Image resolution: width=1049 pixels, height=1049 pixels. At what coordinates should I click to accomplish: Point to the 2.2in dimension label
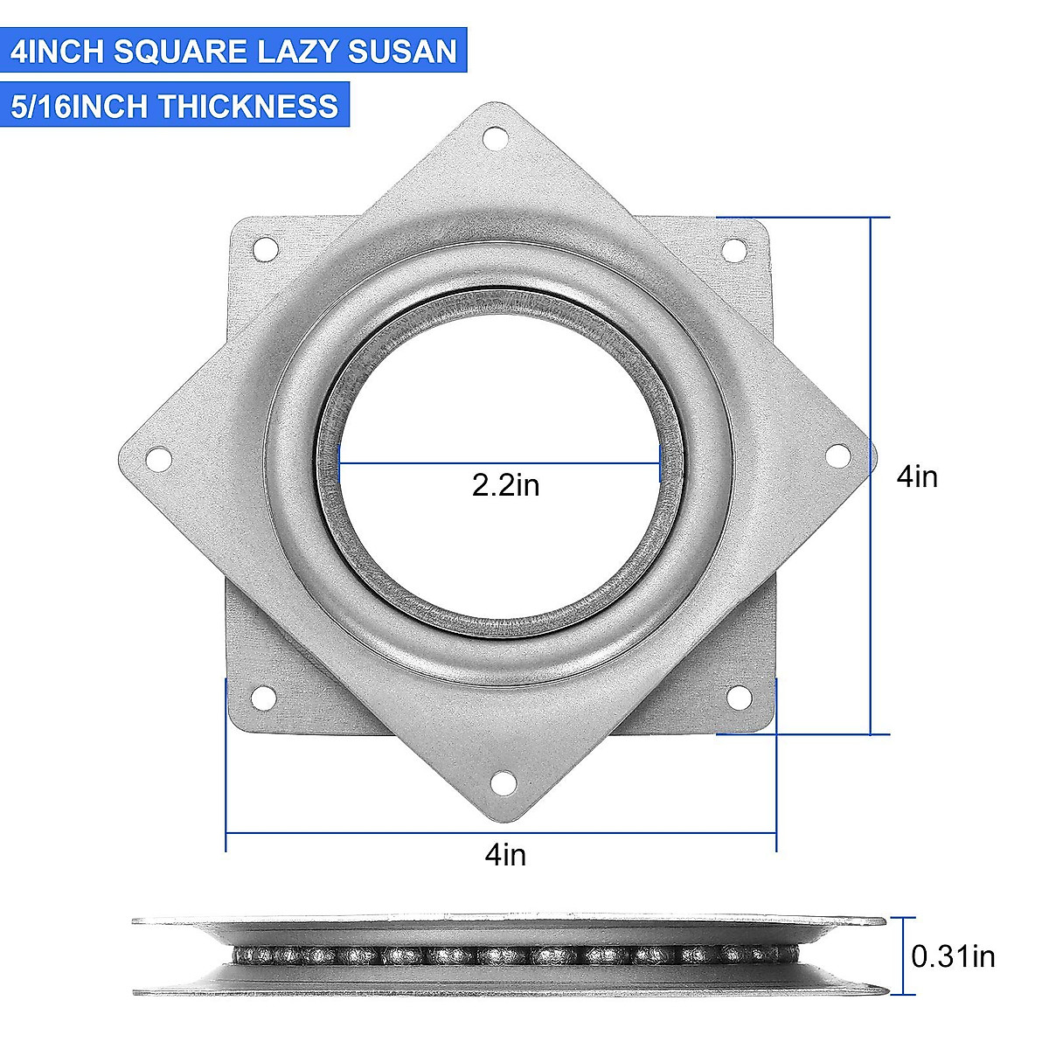point(505,484)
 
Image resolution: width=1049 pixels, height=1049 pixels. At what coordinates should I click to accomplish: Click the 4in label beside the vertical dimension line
point(917,476)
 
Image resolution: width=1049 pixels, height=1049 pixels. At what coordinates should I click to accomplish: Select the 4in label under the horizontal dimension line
point(505,854)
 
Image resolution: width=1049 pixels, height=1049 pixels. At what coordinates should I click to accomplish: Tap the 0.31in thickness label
point(953,956)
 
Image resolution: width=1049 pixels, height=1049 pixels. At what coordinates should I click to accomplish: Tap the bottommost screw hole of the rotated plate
point(503,783)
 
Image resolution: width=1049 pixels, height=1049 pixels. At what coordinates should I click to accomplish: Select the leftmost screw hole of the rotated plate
point(158,457)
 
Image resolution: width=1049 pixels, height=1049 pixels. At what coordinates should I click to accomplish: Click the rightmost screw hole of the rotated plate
point(837,455)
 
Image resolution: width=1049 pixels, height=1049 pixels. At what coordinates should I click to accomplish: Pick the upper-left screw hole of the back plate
point(262,249)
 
